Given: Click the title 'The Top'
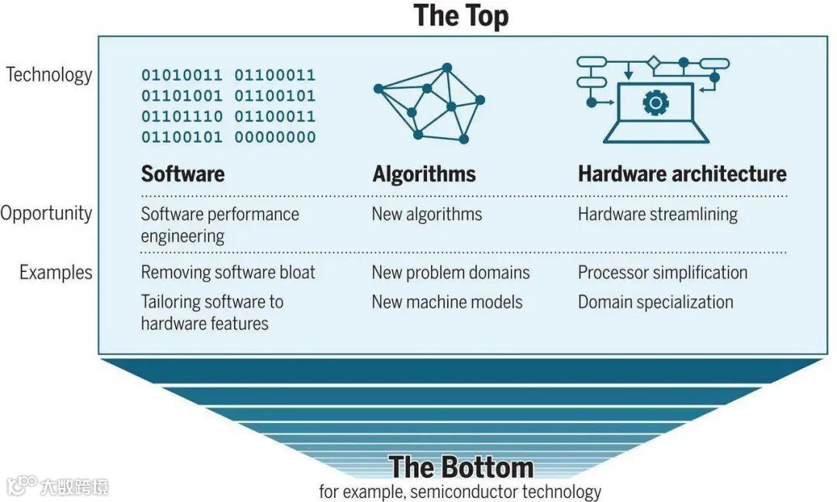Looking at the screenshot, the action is click(460, 15).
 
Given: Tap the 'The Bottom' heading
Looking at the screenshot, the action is click(460, 467).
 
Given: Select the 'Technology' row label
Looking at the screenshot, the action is click(49, 74).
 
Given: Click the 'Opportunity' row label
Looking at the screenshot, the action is click(46, 214).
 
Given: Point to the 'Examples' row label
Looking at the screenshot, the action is click(56, 273).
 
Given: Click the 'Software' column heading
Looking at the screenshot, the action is click(183, 174).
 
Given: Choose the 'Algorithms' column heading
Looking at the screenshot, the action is click(424, 174).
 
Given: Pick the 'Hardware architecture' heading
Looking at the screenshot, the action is click(682, 174).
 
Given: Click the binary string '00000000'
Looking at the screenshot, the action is click(275, 138).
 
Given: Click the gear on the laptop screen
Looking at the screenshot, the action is click(656, 101).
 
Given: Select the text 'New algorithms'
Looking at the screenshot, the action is click(426, 214).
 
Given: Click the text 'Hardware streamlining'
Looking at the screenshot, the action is click(657, 214).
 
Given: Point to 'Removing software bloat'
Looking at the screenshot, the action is click(228, 273).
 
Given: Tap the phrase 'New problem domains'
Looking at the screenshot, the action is click(450, 273).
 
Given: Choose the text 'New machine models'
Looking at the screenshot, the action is click(447, 302).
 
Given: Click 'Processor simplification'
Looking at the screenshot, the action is click(663, 273).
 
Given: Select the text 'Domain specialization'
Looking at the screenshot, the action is click(655, 302).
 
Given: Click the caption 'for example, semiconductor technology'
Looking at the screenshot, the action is click(460, 491).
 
